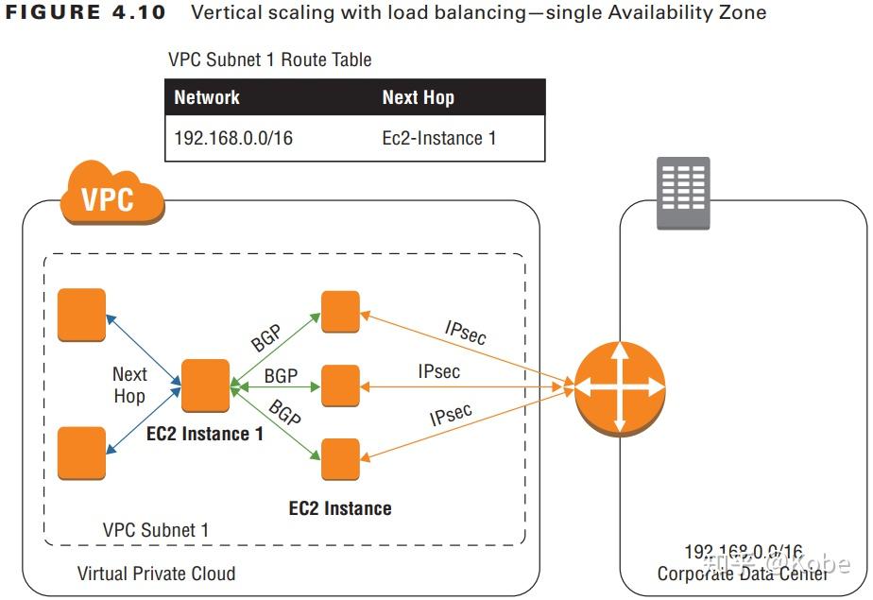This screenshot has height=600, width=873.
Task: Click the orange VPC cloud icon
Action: [x=109, y=197]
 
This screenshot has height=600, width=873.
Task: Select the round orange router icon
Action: [x=619, y=386]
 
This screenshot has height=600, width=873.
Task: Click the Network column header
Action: [x=207, y=97]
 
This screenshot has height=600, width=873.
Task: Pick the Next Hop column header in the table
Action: [x=418, y=97]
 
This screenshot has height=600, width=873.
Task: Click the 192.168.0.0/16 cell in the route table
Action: [x=233, y=138]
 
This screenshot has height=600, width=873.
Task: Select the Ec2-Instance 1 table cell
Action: [x=438, y=138]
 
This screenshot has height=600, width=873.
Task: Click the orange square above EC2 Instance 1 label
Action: [x=206, y=386]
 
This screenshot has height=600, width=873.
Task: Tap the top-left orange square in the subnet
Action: [x=81, y=314]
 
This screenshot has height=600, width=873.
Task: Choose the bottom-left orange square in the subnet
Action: [x=81, y=453]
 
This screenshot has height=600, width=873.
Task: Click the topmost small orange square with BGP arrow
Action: [x=340, y=312]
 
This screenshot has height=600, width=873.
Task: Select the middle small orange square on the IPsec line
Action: [x=340, y=386]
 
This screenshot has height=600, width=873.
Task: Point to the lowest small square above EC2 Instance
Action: [x=340, y=459]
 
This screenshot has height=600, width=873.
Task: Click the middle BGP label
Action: [x=281, y=376]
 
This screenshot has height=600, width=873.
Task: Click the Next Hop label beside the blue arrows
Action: [x=129, y=386]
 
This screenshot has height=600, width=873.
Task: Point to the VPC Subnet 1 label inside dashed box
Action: [x=156, y=530]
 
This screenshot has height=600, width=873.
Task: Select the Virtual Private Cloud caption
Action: [x=156, y=574]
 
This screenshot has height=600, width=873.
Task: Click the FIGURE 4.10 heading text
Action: [x=86, y=13]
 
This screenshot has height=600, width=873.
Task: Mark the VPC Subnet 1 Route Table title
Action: [x=269, y=60]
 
